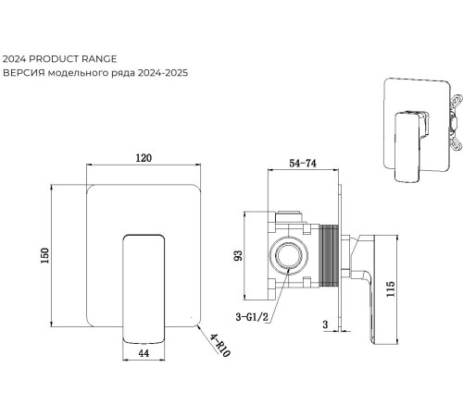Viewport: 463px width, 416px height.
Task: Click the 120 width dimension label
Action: click(144, 158)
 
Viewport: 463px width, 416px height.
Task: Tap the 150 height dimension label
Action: click(45, 255)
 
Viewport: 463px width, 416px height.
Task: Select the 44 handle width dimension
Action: click(144, 353)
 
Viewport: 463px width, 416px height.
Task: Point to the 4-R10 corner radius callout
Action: click(219, 346)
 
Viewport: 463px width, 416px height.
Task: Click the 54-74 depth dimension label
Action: click(303, 163)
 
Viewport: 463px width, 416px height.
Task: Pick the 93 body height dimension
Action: click(238, 255)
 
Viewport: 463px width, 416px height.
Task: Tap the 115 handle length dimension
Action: click(391, 288)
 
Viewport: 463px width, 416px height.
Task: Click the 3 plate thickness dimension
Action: click(325, 324)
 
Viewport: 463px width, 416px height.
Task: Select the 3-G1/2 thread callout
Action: click(252, 317)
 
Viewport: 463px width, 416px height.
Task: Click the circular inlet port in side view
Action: click(289, 255)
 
